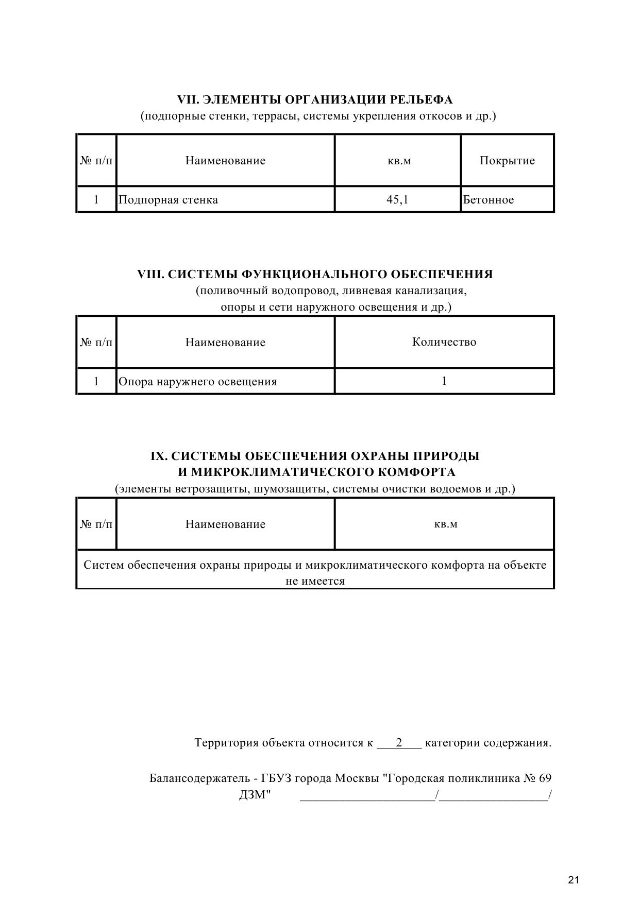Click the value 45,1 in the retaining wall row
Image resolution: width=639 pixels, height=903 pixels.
click(397, 200)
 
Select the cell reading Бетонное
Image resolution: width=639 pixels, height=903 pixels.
click(488, 200)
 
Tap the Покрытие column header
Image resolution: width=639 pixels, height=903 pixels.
click(507, 161)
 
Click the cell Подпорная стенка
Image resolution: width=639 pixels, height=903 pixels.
click(168, 200)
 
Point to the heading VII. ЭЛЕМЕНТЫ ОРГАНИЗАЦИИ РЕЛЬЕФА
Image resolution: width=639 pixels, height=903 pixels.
click(315, 99)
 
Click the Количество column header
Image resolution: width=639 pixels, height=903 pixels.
click(444, 342)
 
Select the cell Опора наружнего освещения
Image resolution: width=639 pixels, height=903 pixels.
click(197, 382)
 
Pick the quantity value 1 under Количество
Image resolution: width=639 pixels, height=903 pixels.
click(444, 381)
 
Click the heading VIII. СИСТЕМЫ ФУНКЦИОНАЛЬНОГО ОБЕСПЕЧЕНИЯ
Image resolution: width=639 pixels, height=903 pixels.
click(315, 274)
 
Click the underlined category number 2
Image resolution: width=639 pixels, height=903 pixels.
click(399, 743)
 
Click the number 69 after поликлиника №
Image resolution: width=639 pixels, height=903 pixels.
click(545, 778)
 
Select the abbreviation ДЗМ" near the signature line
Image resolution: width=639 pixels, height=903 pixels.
click(255, 795)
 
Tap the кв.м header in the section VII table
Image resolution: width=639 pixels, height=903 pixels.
click(399, 161)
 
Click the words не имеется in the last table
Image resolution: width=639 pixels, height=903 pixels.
click(315, 581)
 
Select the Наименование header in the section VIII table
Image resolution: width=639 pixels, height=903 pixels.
click(225, 343)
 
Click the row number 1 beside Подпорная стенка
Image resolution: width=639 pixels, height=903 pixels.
click(96, 200)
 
